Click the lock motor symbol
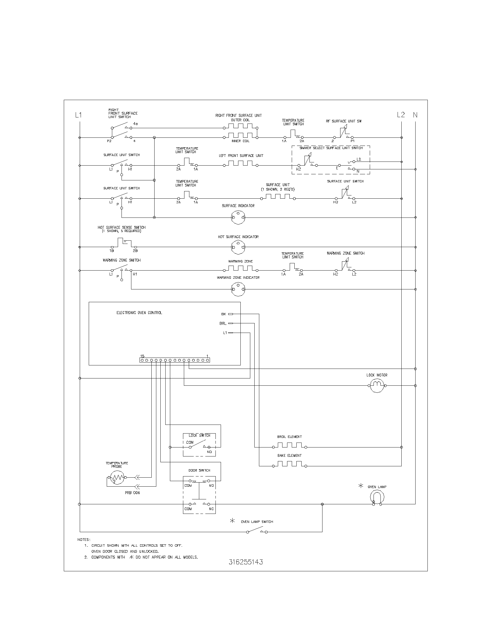coord(377,386)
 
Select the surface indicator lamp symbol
coord(238,217)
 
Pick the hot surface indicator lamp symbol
coord(238,247)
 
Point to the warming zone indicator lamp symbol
coord(238,289)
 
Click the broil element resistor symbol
coord(289,447)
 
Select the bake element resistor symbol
coord(289,466)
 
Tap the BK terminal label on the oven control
coord(224,314)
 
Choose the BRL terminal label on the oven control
coord(223,323)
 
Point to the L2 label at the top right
coord(401,115)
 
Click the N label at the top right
coord(415,115)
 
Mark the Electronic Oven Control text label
coord(139,313)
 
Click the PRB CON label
coord(132,492)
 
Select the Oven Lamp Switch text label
coord(257,521)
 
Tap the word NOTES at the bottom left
coord(84,539)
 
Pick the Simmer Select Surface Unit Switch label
coord(331,148)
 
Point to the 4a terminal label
coord(135,124)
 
